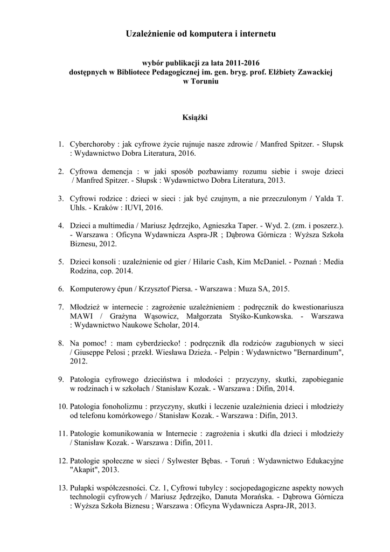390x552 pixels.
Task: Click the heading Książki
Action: coord(195,116)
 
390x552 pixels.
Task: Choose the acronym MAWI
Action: coord(80,316)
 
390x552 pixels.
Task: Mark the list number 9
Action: coord(61,379)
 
